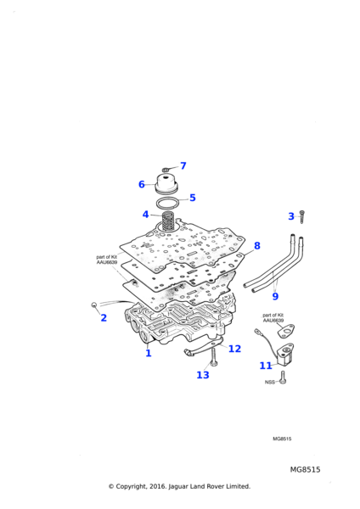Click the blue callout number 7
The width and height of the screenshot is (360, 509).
183,166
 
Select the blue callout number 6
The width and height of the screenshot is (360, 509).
142,184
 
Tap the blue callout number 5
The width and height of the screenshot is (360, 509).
193,198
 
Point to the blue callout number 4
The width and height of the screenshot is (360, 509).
145,215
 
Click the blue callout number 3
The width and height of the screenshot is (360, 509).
291,216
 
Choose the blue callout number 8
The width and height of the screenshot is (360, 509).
257,246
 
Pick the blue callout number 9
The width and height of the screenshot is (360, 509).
275,296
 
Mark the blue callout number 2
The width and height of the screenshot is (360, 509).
104,318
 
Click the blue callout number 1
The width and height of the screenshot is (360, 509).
149,353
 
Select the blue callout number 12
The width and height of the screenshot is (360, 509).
234,349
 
